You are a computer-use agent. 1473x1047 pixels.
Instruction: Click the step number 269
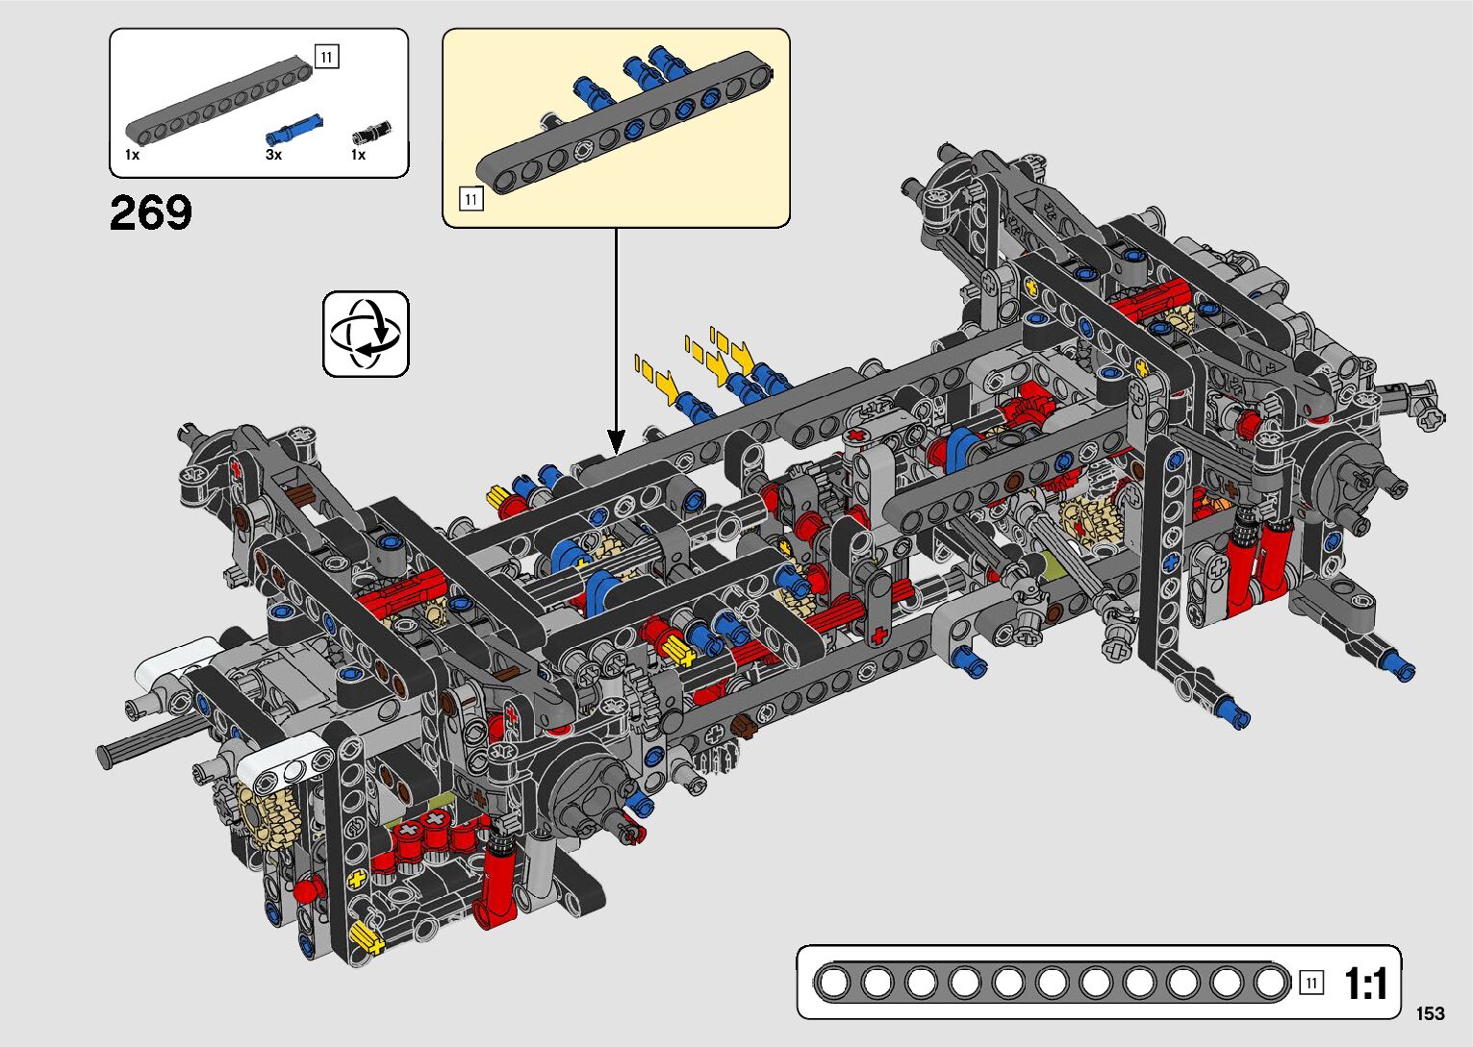pos(151,212)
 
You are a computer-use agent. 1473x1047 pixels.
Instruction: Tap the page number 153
pos(1430,1013)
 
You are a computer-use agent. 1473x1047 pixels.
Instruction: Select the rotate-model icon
pos(366,334)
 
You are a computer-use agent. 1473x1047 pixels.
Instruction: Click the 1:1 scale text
pos(1365,984)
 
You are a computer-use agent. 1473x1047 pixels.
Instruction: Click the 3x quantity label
pos(273,155)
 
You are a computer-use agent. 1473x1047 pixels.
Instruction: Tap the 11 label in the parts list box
pos(326,57)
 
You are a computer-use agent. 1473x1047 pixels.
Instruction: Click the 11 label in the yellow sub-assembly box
pos(470,200)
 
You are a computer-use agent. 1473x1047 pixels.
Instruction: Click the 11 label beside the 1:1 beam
pos(1310,983)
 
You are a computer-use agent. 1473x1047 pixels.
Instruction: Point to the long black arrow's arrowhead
pos(616,443)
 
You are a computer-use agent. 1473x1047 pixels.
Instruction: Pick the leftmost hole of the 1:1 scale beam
pos(834,984)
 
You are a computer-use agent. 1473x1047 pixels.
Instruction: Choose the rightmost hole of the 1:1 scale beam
pos(1271,984)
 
